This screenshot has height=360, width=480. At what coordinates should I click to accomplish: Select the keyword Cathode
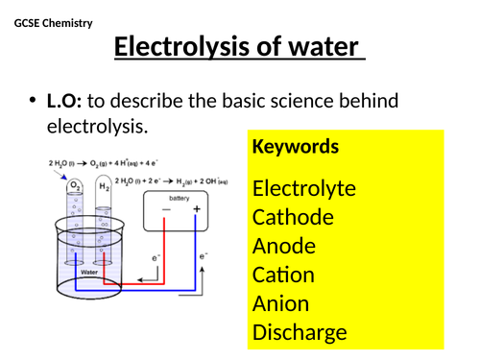tap(293, 217)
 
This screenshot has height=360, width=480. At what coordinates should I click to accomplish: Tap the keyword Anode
tap(284, 246)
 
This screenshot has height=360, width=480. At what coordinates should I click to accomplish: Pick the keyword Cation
tap(283, 275)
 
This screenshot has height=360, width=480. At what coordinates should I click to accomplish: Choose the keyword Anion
tap(280, 303)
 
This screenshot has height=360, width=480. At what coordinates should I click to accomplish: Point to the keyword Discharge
tap(299, 333)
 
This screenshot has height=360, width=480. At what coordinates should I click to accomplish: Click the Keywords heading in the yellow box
tap(295, 147)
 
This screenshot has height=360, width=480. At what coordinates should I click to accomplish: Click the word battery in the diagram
tap(180, 197)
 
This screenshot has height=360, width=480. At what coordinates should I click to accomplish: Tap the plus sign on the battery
tap(197, 208)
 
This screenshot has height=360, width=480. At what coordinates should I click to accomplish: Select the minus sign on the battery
tap(165, 208)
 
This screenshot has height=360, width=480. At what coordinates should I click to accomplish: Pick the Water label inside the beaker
tap(88, 271)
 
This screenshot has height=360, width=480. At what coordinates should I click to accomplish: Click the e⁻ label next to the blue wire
tap(204, 257)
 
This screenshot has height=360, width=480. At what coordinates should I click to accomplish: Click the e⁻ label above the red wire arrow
tap(156, 259)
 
